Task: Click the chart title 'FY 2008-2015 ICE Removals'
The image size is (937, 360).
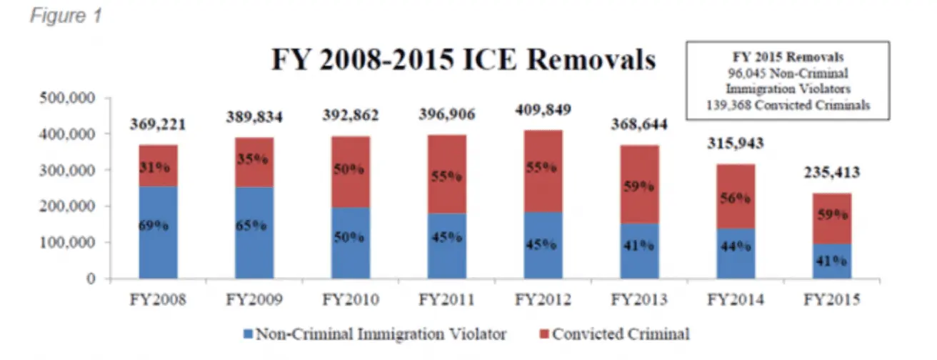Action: tap(463, 60)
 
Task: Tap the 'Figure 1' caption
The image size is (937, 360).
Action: tap(66, 15)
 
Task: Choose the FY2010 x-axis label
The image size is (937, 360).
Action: tap(351, 300)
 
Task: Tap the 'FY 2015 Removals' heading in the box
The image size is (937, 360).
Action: tap(788, 56)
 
